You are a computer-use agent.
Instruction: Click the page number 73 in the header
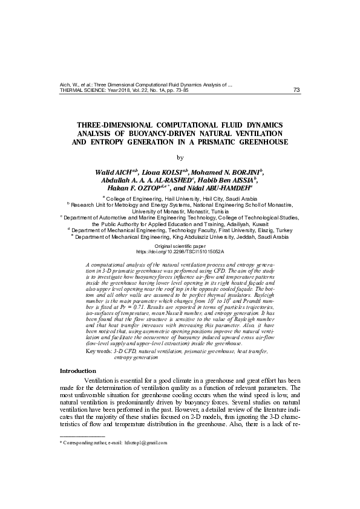296,91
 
